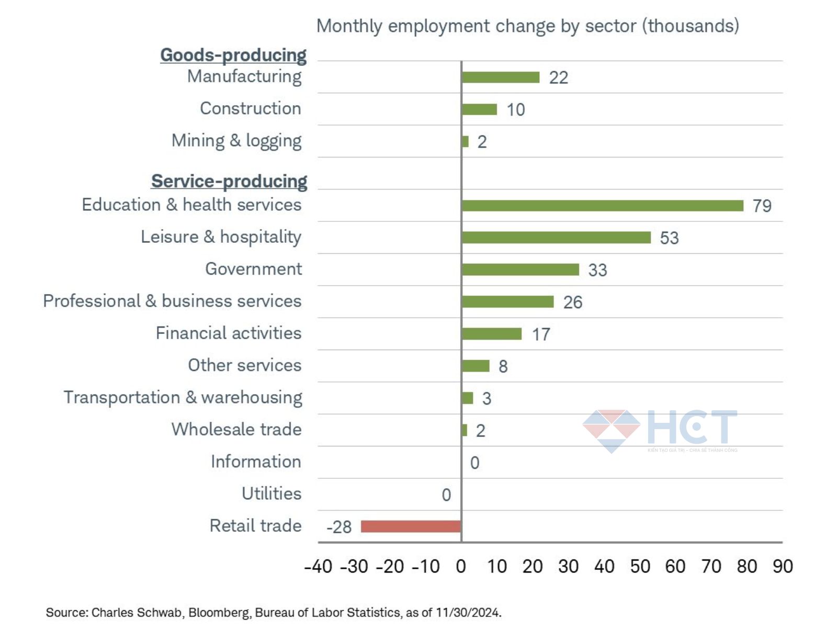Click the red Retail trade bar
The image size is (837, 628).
(x=411, y=526)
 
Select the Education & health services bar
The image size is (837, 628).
(x=602, y=206)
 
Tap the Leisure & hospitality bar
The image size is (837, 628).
(x=556, y=238)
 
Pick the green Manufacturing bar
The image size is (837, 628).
(x=501, y=77)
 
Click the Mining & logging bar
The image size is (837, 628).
(x=465, y=141)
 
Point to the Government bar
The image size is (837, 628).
(x=521, y=270)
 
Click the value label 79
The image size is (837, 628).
(x=762, y=206)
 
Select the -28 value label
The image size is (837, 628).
(x=339, y=526)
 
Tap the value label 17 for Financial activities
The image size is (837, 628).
(x=540, y=334)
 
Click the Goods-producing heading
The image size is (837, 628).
(x=233, y=55)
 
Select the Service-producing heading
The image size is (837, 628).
(x=229, y=181)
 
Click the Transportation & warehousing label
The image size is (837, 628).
(x=183, y=397)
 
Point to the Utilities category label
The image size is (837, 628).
(x=272, y=494)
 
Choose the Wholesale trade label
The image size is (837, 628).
(x=236, y=429)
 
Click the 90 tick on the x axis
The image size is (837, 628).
(x=783, y=566)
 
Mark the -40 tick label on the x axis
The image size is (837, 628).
(x=318, y=566)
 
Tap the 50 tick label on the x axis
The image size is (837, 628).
(x=640, y=566)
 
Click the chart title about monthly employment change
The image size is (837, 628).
(x=527, y=26)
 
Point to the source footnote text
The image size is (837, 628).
(x=274, y=612)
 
